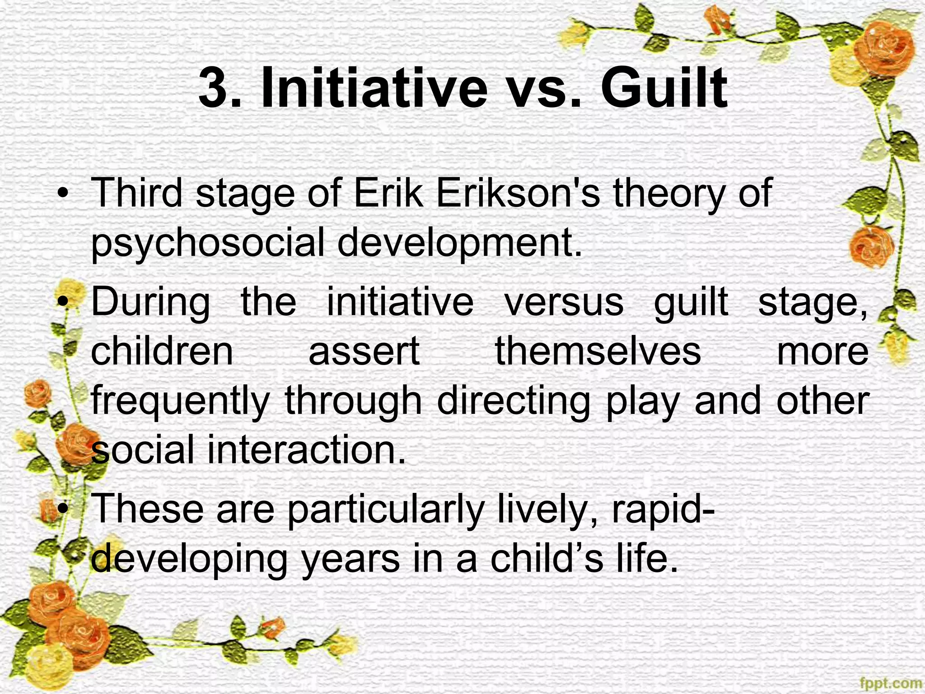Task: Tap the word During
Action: tap(150, 302)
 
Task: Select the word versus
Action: tap(564, 302)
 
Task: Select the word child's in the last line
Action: tap(547, 559)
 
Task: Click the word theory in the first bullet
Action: tap(670, 193)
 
